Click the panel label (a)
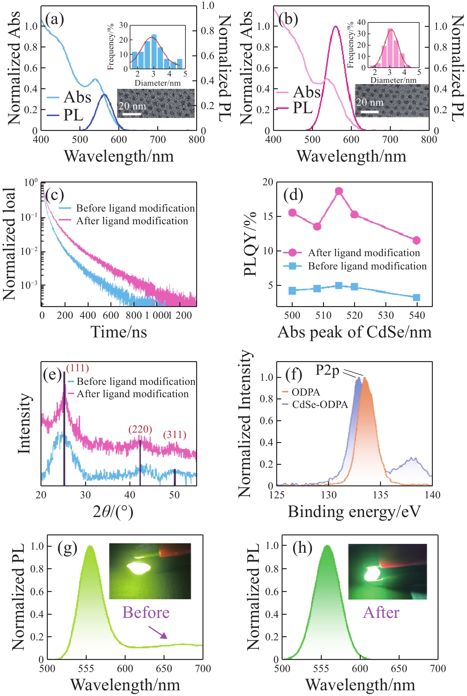(x=54, y=20)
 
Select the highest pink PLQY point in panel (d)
(x=339, y=191)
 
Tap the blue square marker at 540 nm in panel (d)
(x=417, y=297)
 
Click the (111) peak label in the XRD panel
(x=78, y=368)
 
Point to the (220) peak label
(x=140, y=429)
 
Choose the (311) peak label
(x=175, y=435)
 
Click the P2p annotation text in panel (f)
(x=327, y=370)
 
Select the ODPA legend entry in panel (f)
(x=305, y=392)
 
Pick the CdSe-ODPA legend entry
(x=320, y=404)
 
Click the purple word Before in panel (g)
(x=146, y=613)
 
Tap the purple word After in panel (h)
(x=381, y=613)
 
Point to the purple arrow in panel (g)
(x=158, y=632)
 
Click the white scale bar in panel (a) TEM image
(x=131, y=114)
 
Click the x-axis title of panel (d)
(x=354, y=332)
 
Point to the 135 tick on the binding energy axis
(x=380, y=495)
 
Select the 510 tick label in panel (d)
(x=323, y=315)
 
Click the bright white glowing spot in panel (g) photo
(x=139, y=568)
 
